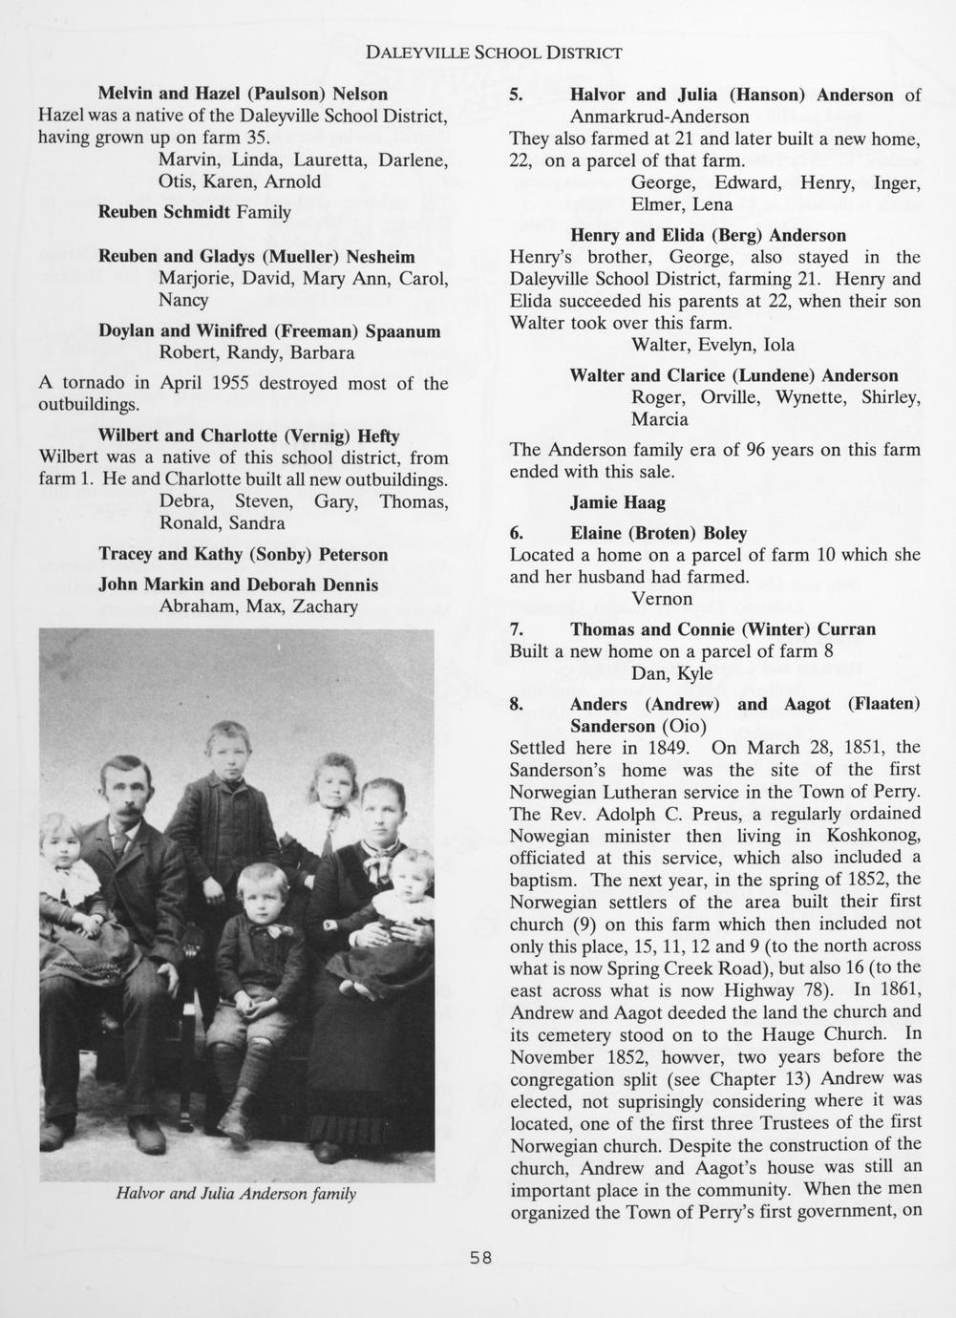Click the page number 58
click(480, 1258)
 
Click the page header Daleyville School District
click(495, 52)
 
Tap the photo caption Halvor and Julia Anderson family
click(236, 1193)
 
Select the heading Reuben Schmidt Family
click(194, 211)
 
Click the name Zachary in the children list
click(326, 606)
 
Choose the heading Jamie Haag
click(617, 502)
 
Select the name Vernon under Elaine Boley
click(662, 599)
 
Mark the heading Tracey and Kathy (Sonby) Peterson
click(244, 554)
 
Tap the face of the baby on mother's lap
click(411, 872)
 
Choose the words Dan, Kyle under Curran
click(671, 673)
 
